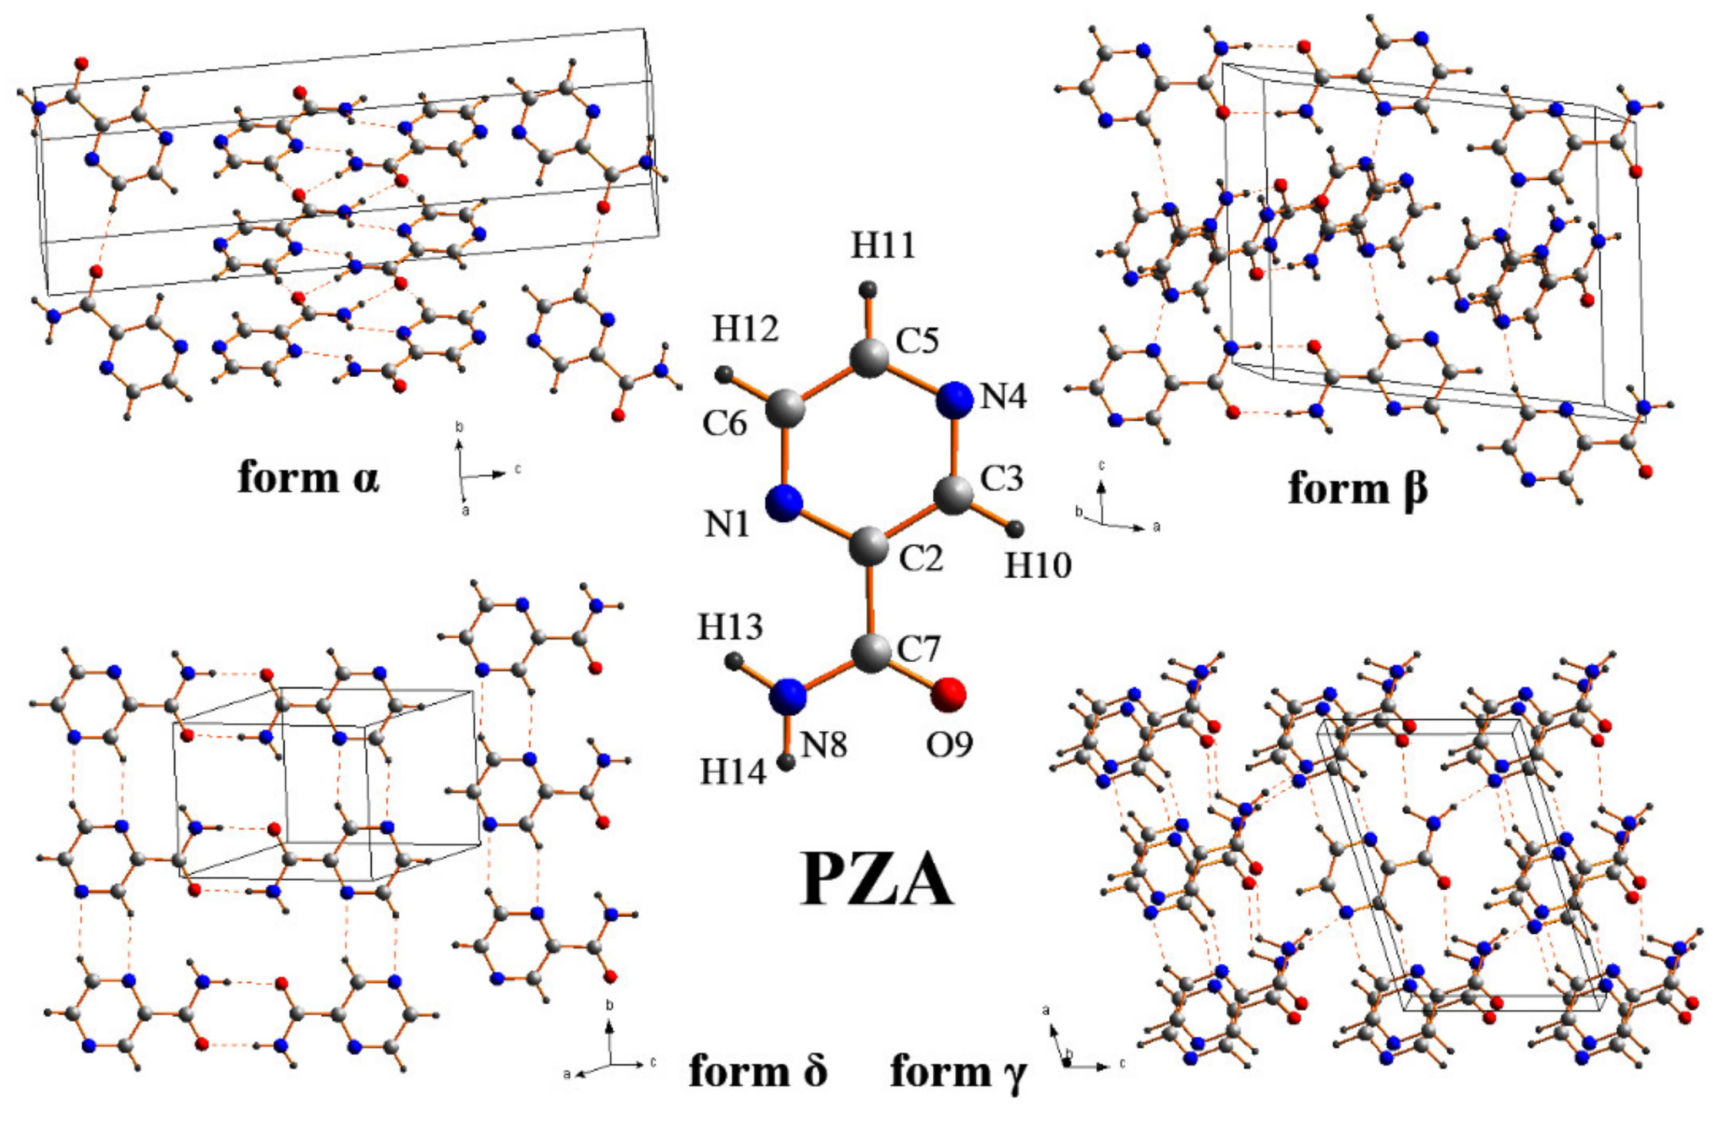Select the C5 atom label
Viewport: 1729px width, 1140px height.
[917, 340]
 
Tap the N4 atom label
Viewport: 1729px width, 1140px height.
[1003, 397]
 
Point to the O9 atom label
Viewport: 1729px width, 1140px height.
[949, 743]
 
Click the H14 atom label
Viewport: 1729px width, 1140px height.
[733, 772]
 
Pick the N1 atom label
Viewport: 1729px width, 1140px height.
[727, 524]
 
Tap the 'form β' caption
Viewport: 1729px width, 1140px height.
[1358, 488]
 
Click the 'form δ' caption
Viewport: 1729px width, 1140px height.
[758, 1070]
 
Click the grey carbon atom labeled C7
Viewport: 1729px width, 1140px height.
[870, 655]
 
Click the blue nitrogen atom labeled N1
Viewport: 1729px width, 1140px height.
[784, 503]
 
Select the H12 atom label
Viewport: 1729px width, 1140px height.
[745, 329]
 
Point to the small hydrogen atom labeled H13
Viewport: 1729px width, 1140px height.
[734, 661]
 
